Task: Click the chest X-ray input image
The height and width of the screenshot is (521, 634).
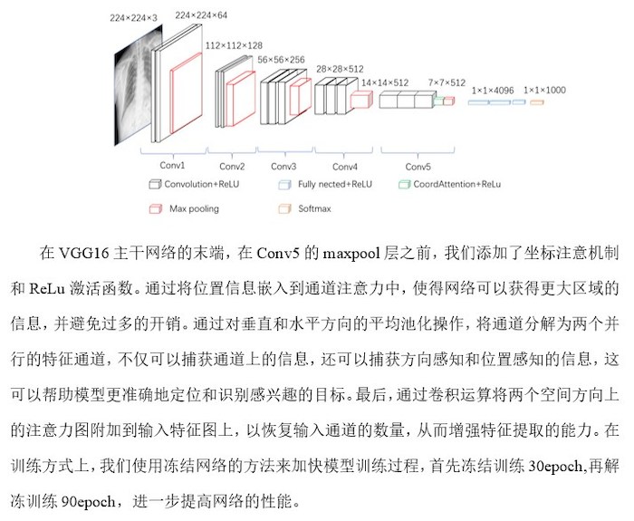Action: pyautogui.click(x=138, y=85)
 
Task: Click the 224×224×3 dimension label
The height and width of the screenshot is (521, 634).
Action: pyautogui.click(x=133, y=18)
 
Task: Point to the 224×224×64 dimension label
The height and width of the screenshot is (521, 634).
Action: pyautogui.click(x=201, y=15)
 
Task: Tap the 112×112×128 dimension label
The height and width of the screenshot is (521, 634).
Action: pyautogui.click(x=234, y=45)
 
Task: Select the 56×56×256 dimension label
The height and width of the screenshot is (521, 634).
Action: pyautogui.click(x=281, y=60)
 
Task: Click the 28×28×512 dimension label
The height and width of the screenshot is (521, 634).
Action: pyautogui.click(x=340, y=69)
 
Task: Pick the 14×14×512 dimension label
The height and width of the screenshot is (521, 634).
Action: pyautogui.click(x=385, y=83)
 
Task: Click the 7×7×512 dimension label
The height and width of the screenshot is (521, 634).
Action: pyautogui.click(x=447, y=83)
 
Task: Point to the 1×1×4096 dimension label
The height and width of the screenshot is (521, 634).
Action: pyautogui.click(x=493, y=91)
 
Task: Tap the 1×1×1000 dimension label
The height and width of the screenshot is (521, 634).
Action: pyautogui.click(x=544, y=91)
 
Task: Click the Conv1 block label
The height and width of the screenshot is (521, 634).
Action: pyautogui.click(x=172, y=165)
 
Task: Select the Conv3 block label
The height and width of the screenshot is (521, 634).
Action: pyautogui.click(x=283, y=166)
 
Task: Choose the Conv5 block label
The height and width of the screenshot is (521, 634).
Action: pyautogui.click(x=418, y=167)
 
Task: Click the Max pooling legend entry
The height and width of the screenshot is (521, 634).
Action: pyautogui.click(x=184, y=208)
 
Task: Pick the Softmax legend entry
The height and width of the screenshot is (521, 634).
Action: pyautogui.click(x=304, y=208)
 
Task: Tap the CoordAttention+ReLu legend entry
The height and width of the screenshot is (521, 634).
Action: pyautogui.click(x=449, y=185)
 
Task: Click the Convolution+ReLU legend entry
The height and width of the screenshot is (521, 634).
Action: pyautogui.click(x=194, y=185)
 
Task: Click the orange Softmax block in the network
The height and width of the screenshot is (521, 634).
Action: pyautogui.click(x=537, y=102)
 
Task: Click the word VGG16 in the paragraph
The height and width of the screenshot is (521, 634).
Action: pyautogui.click(x=84, y=253)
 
